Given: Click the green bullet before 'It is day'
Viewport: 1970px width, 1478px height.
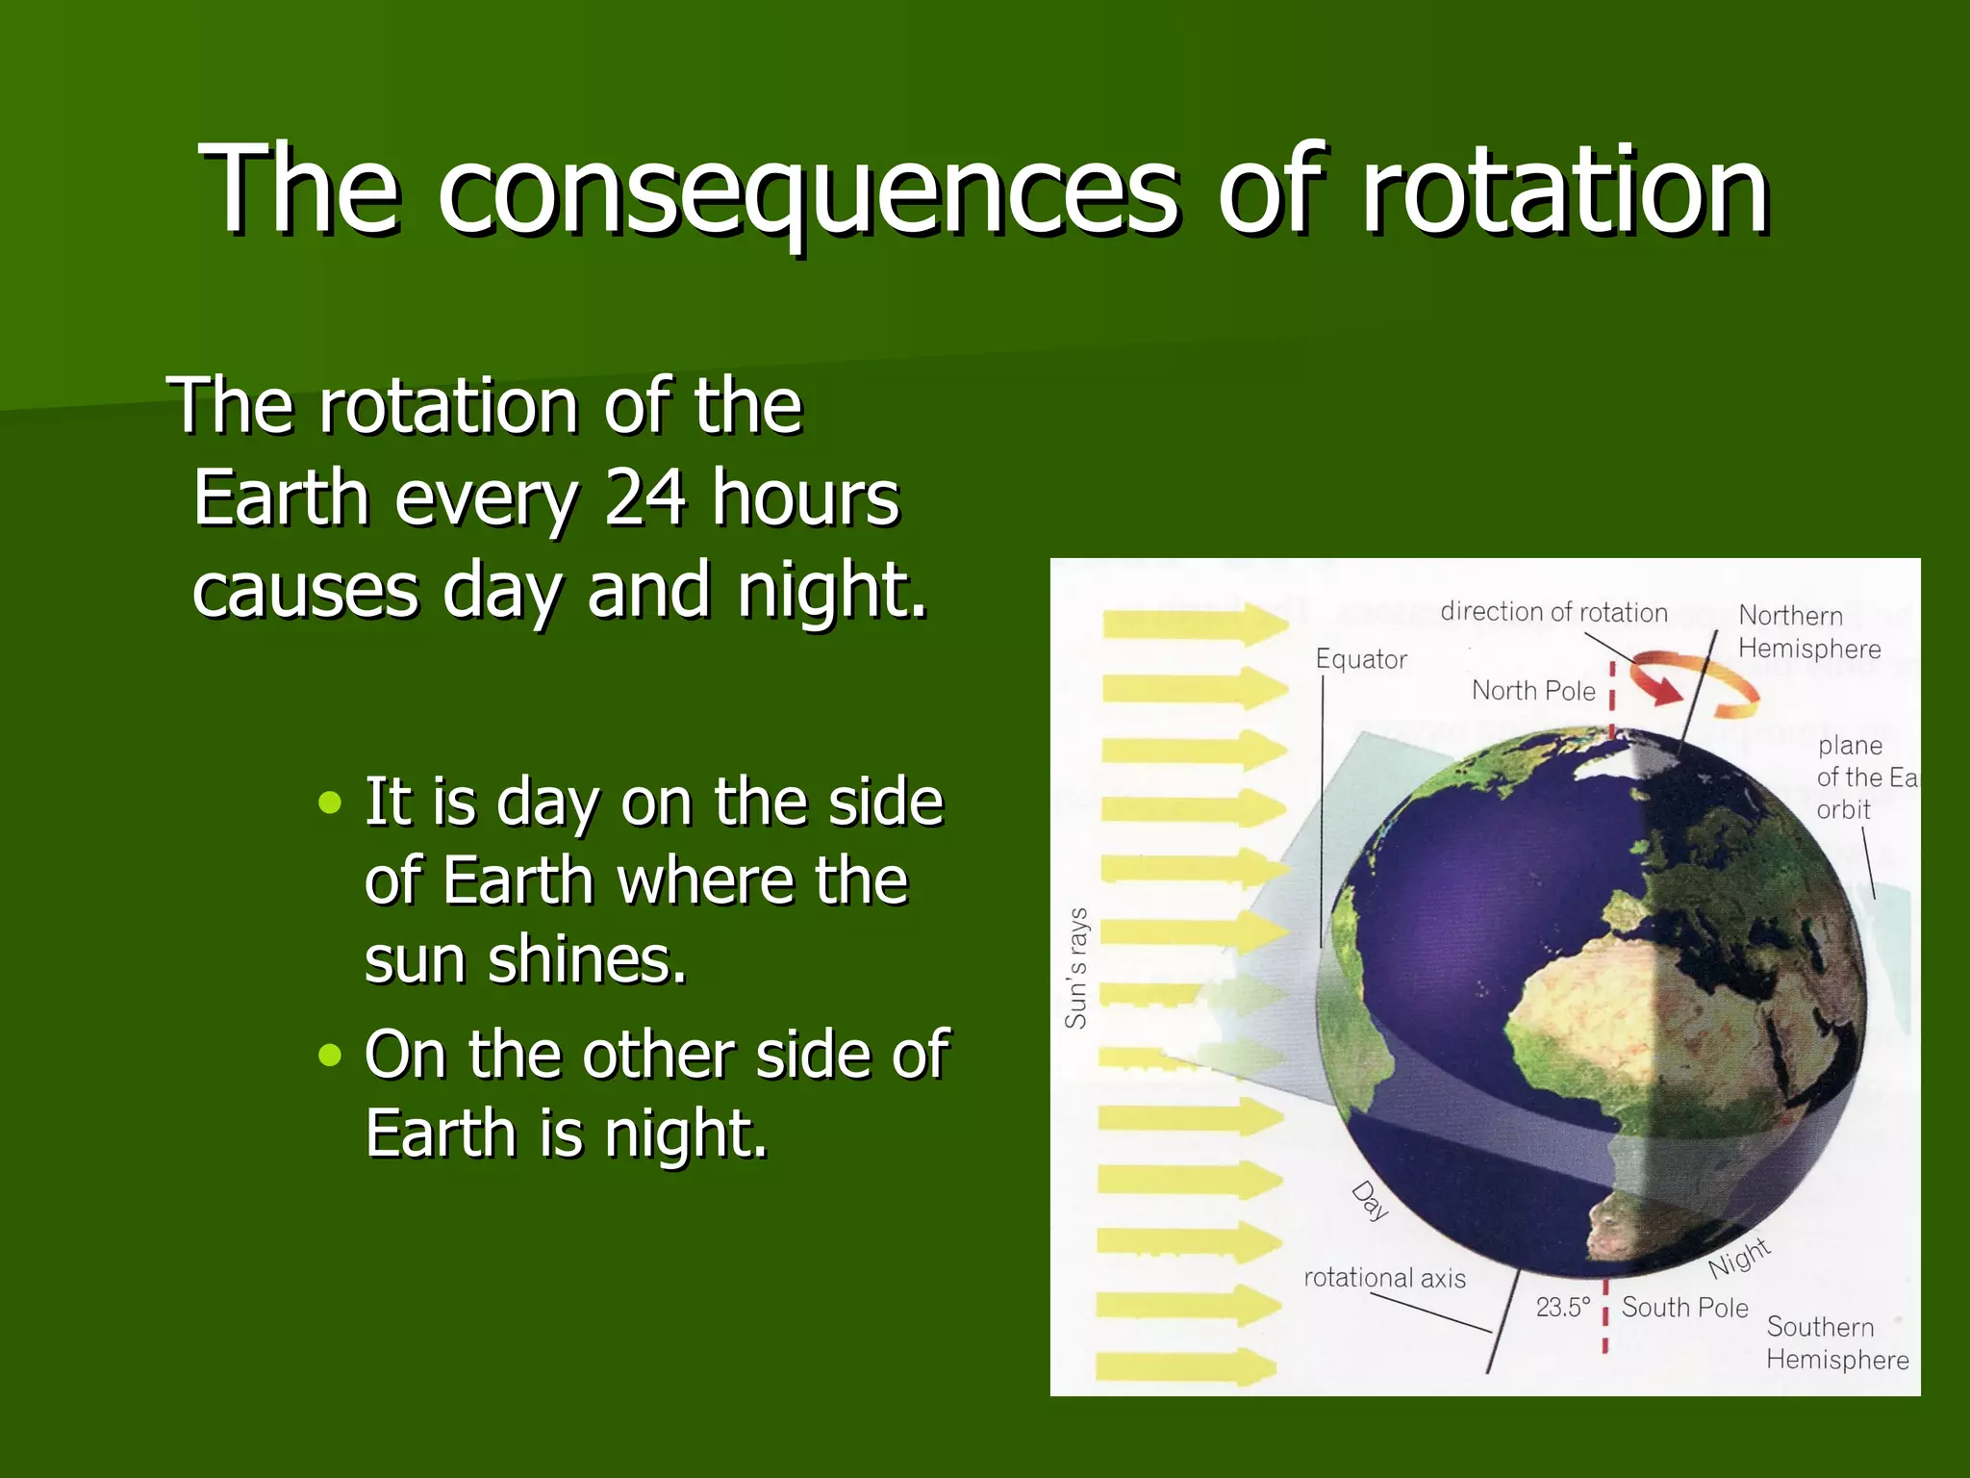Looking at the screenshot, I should point(330,803).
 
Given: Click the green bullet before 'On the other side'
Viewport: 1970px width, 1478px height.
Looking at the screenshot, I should point(330,1056).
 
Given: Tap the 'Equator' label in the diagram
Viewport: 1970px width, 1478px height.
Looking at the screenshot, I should point(1360,660).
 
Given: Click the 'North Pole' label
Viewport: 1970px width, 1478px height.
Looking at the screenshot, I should point(1533,691).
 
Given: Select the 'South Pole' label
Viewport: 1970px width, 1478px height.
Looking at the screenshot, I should point(1684,1308).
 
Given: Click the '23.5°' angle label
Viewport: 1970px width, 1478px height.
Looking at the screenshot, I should point(1562,1308).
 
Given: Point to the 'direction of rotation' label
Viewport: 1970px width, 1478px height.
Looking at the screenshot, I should point(1553,612).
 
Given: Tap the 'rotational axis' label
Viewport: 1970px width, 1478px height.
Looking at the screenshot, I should point(1384,1278).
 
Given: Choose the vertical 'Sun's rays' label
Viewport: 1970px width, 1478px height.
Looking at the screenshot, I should point(1076,968).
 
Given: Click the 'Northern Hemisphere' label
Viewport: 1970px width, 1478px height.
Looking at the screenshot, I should point(1807,632).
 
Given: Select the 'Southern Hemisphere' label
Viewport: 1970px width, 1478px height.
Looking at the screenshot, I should point(1836,1343).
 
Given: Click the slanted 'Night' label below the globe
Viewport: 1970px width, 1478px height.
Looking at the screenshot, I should point(1739,1258).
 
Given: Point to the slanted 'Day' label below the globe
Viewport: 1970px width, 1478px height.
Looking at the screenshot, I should point(1370,1201).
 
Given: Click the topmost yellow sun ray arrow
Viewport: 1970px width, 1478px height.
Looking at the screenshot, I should point(1196,624).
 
